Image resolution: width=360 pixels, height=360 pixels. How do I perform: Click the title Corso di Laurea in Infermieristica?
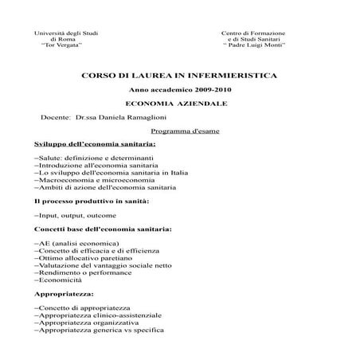coord(179,75)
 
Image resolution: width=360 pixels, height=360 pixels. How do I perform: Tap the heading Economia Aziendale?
coord(179,104)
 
